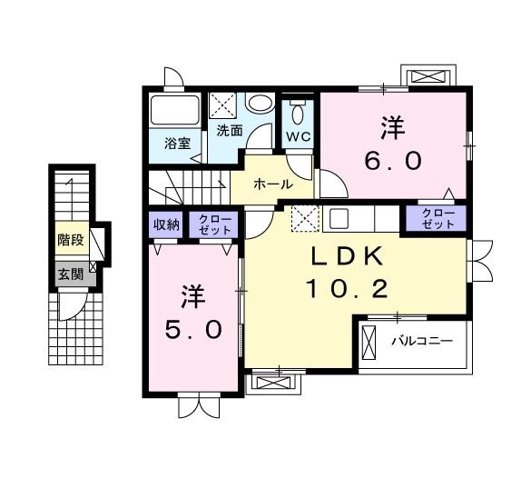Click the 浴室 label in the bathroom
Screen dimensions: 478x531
click(x=177, y=143)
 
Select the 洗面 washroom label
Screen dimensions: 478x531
click(x=228, y=131)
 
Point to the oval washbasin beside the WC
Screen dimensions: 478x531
click(x=261, y=105)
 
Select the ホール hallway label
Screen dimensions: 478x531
click(x=272, y=184)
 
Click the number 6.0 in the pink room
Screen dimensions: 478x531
click(x=392, y=161)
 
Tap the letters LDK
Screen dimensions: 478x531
click(x=346, y=257)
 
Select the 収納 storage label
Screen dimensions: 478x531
click(x=165, y=224)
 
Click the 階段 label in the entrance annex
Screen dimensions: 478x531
click(x=70, y=241)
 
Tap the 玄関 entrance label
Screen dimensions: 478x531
click(x=70, y=274)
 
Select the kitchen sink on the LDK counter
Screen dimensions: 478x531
click(x=340, y=218)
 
